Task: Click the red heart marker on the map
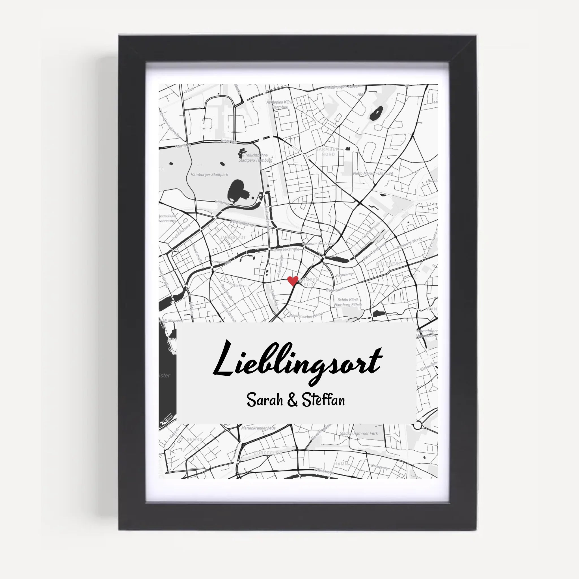click(x=293, y=281)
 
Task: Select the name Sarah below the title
click(x=265, y=400)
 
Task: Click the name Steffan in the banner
click(x=323, y=400)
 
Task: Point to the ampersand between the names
click(x=293, y=401)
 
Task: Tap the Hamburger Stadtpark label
click(x=209, y=174)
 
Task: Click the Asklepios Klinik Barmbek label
click(x=280, y=105)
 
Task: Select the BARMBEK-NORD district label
click(x=328, y=152)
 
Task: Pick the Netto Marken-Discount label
click(x=373, y=173)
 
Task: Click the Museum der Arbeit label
click(x=318, y=244)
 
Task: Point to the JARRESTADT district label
click(x=233, y=237)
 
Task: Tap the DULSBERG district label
click(x=389, y=264)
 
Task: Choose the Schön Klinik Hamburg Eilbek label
click(x=348, y=302)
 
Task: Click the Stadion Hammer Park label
click(x=359, y=433)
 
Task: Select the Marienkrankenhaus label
click(x=258, y=428)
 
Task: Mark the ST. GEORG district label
click(x=190, y=439)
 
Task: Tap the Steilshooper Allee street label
click(x=341, y=87)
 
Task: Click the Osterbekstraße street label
click(x=286, y=249)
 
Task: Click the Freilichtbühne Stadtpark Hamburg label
click(x=255, y=158)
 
